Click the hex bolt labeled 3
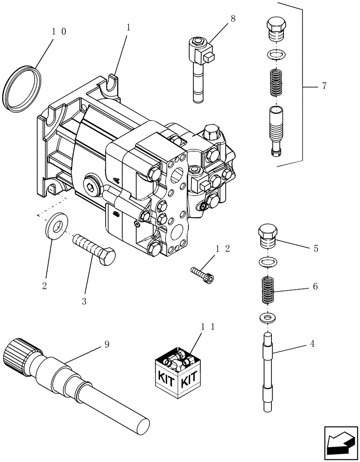point(95,249)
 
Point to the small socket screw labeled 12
point(203,274)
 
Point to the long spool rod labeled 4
point(268,370)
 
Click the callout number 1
point(128,27)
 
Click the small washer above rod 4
point(267,318)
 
